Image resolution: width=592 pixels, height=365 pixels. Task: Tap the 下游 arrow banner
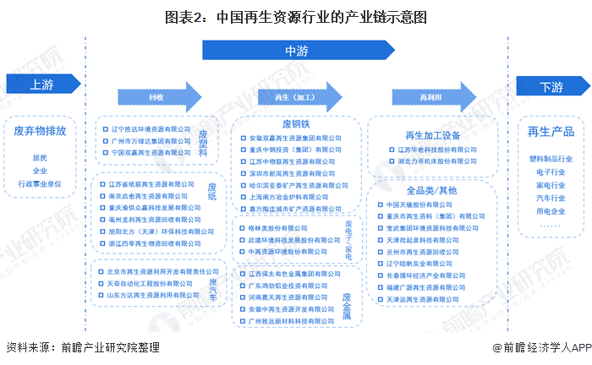(x=551, y=86)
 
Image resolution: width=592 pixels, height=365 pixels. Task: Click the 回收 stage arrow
(x=156, y=97)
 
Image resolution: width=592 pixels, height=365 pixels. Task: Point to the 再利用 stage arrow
(x=430, y=97)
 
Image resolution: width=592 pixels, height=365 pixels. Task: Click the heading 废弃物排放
(x=46, y=132)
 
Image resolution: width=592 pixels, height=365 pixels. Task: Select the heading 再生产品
(x=551, y=132)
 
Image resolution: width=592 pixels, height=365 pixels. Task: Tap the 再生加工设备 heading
(x=434, y=134)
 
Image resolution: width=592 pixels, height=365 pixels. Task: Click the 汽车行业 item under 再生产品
(x=551, y=197)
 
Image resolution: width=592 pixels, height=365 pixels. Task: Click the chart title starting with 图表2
(x=296, y=15)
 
